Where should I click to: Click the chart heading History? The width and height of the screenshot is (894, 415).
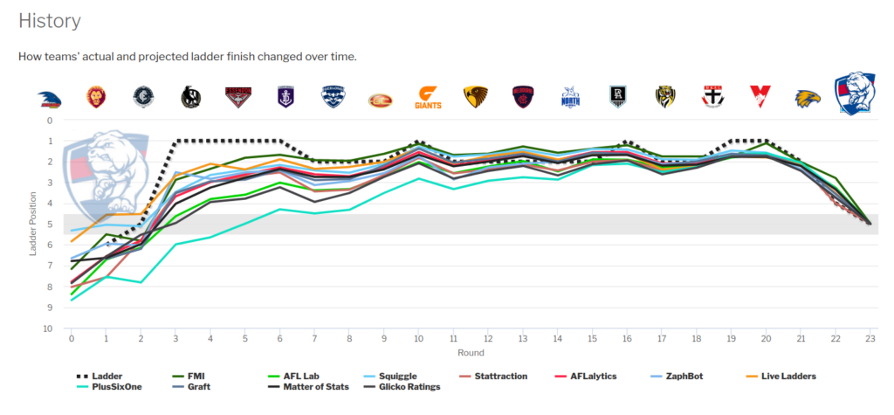tap(50, 21)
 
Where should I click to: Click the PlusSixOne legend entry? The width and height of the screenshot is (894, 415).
tap(102, 387)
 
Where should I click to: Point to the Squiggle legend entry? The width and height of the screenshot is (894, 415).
tap(390, 377)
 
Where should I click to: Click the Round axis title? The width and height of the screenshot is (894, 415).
tap(471, 353)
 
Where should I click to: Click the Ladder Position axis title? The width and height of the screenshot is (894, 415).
tap(34, 225)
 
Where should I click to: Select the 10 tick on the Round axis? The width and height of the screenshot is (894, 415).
tap(419, 338)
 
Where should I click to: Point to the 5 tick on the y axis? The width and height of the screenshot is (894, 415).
tap(50, 225)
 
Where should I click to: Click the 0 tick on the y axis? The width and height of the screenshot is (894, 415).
tap(50, 121)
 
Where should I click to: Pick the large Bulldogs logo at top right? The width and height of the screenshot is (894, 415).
tap(856, 93)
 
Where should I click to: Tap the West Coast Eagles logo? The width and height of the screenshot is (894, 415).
tap(808, 98)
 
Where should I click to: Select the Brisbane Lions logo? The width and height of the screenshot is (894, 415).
tap(96, 97)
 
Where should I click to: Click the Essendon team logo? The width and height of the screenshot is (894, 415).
tap(238, 97)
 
